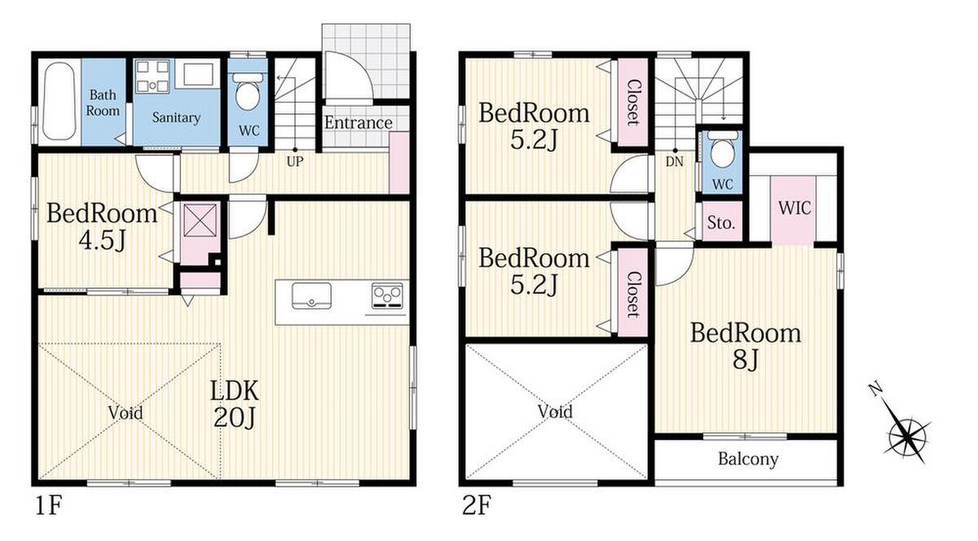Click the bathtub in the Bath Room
59,101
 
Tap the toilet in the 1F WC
248,92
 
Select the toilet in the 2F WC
722,148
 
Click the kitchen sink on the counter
311,296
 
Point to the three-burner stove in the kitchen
387,295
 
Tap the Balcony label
748,459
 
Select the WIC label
795,209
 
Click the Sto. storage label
721,223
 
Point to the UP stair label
295,162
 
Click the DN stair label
675,162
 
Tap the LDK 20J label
235,404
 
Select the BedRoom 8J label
746,345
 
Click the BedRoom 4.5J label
102,227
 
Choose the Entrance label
358,123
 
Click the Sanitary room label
176,117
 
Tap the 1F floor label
49,506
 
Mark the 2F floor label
477,506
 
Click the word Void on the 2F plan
555,411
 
